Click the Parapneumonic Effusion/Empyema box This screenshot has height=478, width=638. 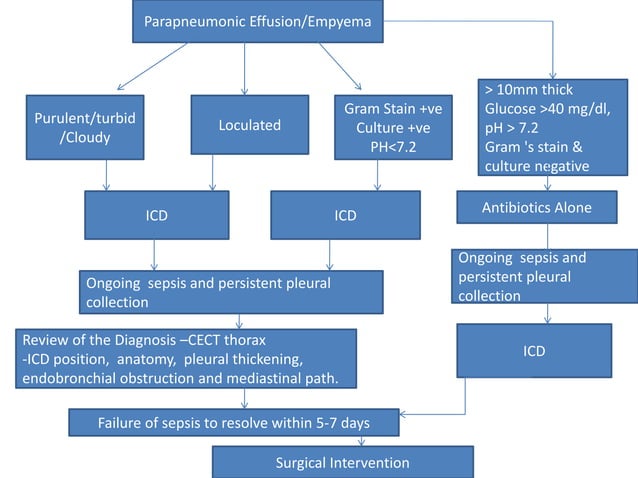point(258,21)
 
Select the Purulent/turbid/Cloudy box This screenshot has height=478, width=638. point(85,127)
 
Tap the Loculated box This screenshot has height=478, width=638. point(250,125)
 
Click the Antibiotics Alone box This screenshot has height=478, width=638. point(537,207)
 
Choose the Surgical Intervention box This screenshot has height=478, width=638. point(343,462)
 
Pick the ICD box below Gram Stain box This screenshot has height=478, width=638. point(345,215)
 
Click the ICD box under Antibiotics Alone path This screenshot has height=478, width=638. point(534,351)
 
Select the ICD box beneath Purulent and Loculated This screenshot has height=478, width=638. point(157,215)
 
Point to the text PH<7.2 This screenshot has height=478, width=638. point(393,147)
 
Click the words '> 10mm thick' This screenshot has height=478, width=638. point(529,89)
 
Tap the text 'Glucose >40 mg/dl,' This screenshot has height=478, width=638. point(548,109)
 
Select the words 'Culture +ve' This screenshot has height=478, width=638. point(393,128)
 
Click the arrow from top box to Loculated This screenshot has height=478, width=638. point(245,69)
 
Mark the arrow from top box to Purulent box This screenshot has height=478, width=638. point(152,66)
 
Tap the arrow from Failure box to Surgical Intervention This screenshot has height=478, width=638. point(361,441)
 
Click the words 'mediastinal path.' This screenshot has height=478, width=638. point(282,378)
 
